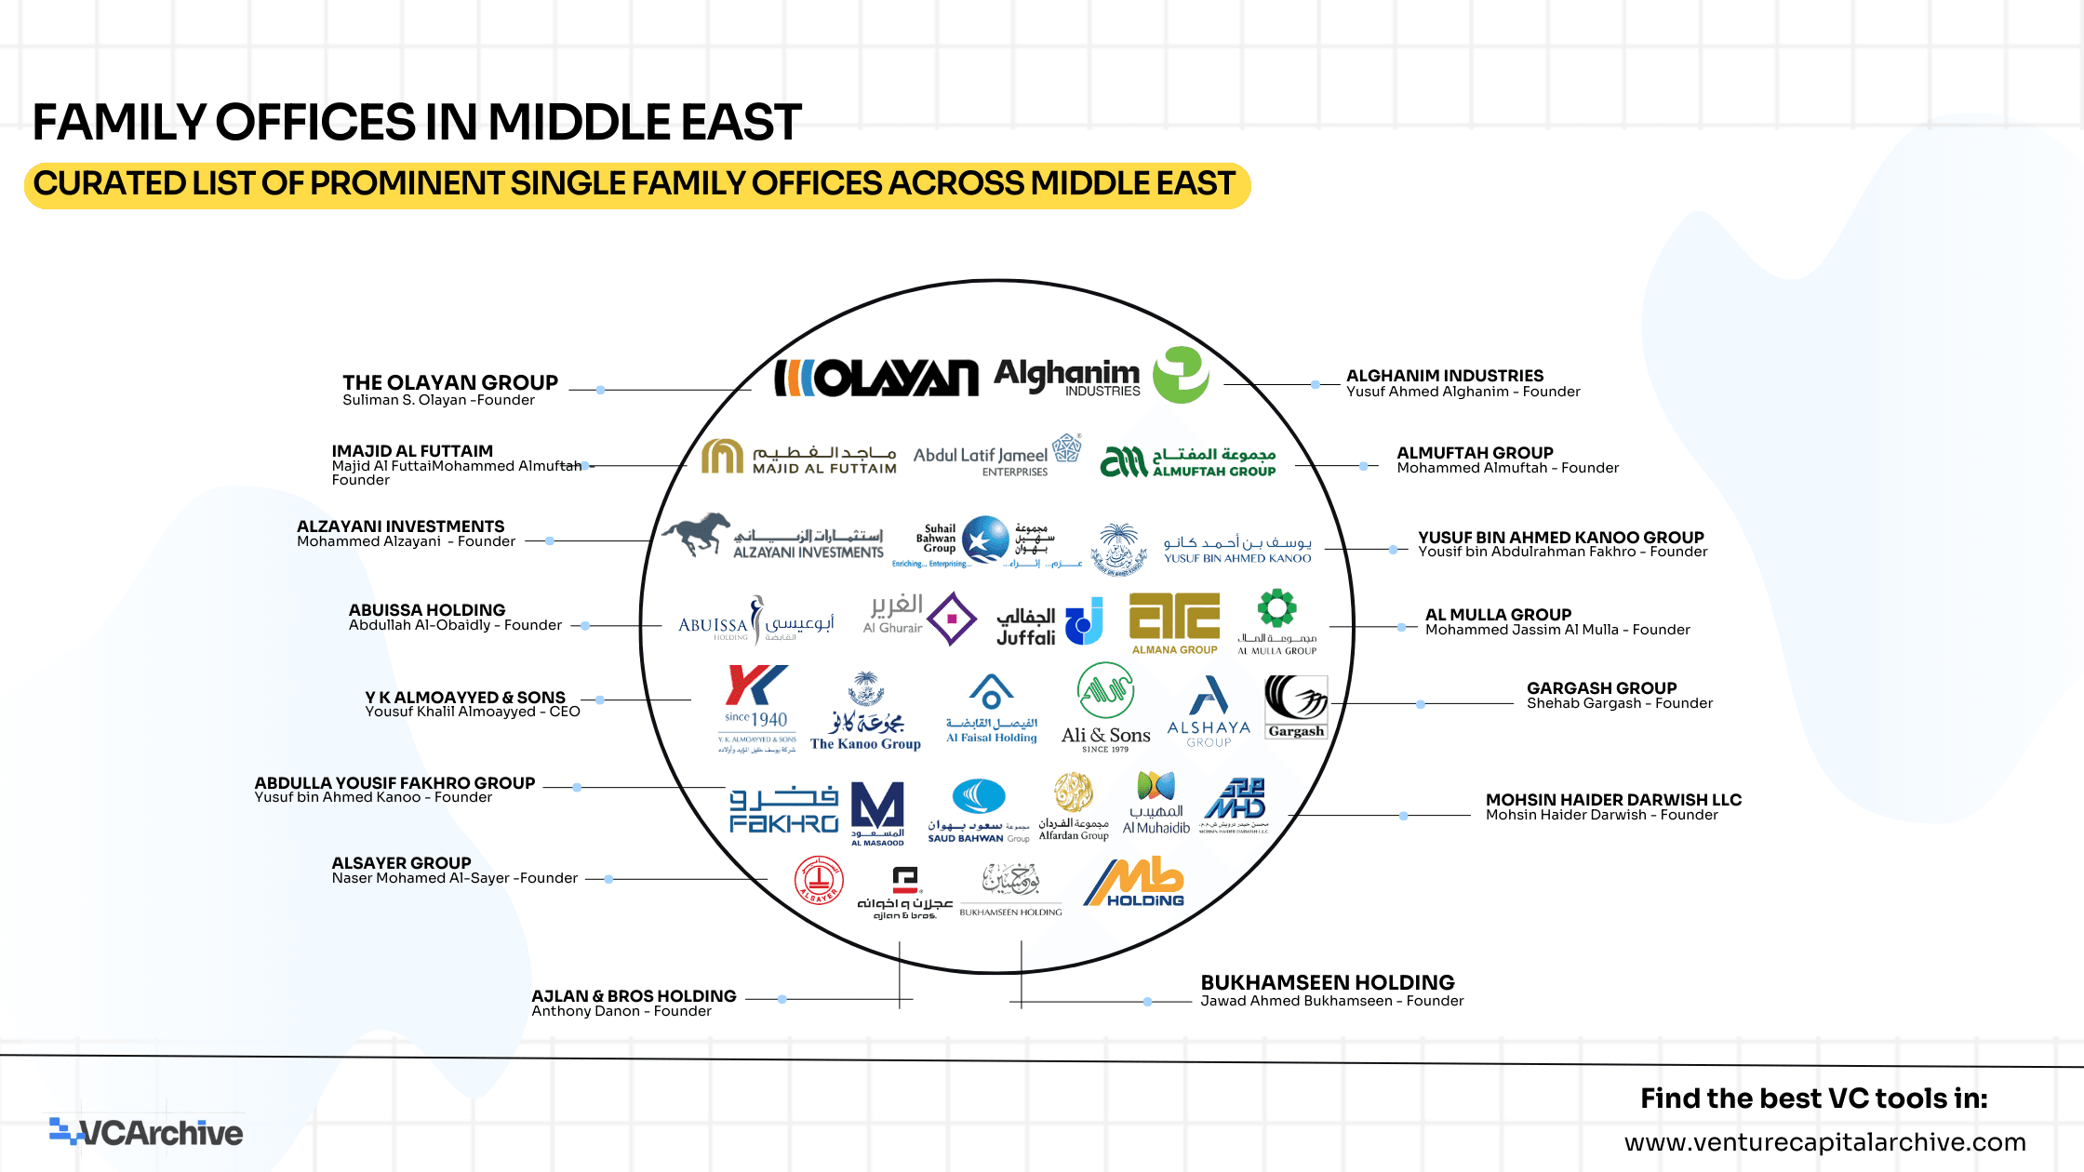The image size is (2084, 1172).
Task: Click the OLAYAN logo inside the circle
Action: pos(876,378)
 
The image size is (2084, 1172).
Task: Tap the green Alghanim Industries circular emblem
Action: pos(1181,375)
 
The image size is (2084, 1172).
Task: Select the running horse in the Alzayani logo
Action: pos(696,534)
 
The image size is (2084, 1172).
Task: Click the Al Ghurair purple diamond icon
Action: pos(952,619)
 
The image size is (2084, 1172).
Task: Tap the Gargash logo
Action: pos(1295,707)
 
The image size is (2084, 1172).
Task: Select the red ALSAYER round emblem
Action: pos(819,880)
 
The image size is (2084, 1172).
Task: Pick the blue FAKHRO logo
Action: pos(783,809)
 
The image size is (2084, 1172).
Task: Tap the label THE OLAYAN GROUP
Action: pos(449,382)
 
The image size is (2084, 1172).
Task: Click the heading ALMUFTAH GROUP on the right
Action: pos(1475,453)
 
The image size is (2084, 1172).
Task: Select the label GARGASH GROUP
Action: pos(1601,688)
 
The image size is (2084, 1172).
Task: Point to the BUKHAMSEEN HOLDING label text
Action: pos(1327,983)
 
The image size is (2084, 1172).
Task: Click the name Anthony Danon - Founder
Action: pos(621,1011)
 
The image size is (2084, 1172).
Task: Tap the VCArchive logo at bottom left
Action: pos(146,1132)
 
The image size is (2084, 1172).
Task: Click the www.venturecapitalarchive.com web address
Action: pos(1824,1142)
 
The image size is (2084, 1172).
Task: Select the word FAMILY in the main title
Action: pos(120,123)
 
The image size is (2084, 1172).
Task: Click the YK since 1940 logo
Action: pos(756,707)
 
